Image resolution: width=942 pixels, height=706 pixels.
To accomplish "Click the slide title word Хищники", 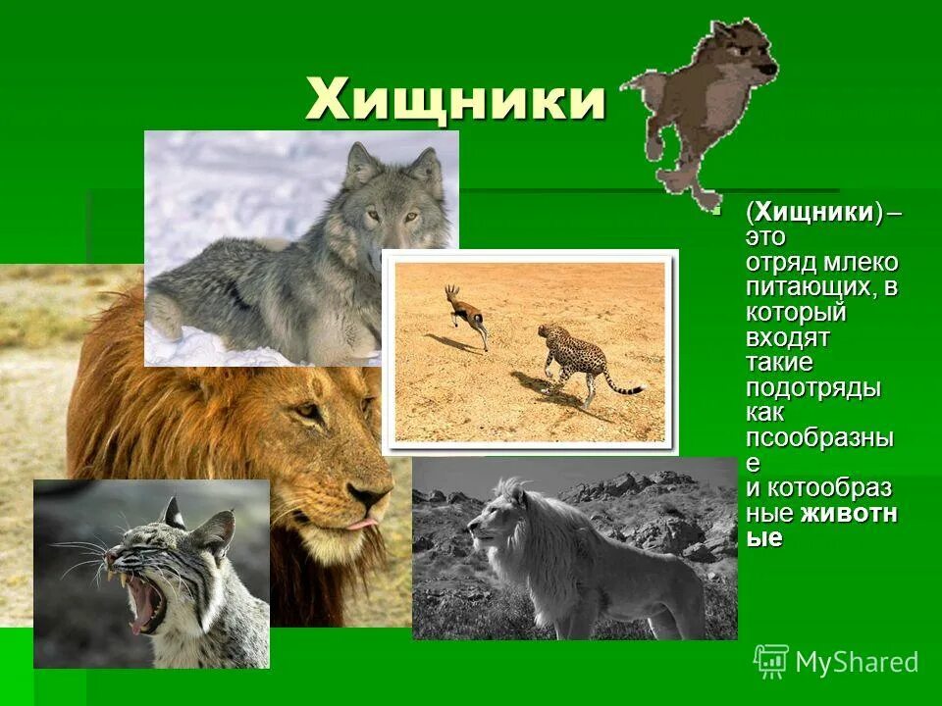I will point(455,100).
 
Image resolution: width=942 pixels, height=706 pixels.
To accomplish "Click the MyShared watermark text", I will point(856,662).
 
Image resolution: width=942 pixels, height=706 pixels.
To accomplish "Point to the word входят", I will point(787,338).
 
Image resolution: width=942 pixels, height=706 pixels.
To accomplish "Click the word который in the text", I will point(795,314).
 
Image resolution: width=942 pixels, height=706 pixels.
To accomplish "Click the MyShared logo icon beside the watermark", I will point(770,660).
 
